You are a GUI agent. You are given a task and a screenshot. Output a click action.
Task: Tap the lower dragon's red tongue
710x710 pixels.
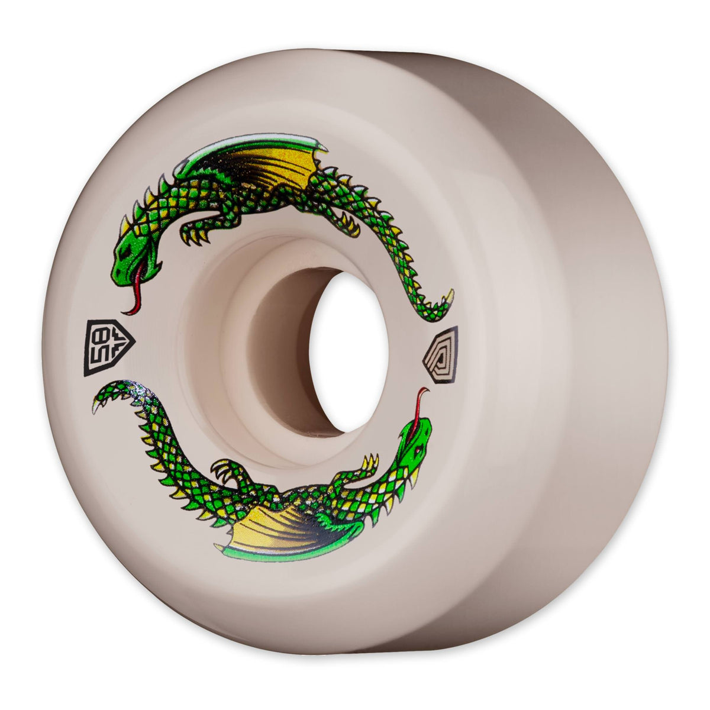421,403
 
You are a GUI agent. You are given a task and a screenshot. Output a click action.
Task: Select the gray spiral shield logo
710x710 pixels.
441,354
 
